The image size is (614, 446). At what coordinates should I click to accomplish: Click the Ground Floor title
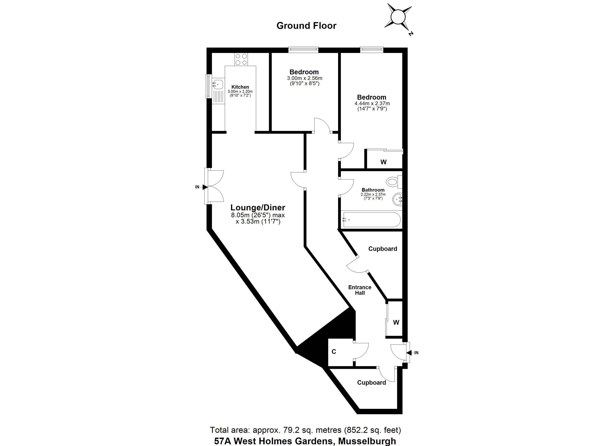click(x=306, y=26)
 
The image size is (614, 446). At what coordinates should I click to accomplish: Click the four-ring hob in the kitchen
click(x=241, y=59)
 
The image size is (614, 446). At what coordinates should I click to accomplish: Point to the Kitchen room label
click(x=240, y=87)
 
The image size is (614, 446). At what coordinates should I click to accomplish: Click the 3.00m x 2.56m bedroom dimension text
click(x=305, y=78)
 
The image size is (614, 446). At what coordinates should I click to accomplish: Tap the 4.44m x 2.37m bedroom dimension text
click(x=372, y=103)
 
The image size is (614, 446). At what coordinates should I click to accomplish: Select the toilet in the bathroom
click(x=394, y=182)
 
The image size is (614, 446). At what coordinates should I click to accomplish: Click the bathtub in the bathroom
click(x=371, y=219)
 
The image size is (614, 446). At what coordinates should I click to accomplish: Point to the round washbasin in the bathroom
click(x=397, y=200)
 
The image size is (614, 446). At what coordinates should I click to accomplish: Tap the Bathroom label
click(x=373, y=190)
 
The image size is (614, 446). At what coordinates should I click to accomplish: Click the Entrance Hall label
click(x=360, y=290)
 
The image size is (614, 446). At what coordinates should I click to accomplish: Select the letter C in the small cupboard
click(x=334, y=352)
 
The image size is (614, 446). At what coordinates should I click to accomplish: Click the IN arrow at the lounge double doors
click(x=205, y=187)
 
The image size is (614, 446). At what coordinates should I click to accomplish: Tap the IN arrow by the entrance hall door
click(x=409, y=353)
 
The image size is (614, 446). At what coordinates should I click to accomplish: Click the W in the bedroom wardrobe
click(x=383, y=162)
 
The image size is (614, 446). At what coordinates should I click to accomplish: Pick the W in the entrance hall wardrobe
click(x=396, y=322)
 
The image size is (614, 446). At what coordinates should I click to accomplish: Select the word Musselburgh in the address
click(x=367, y=441)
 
